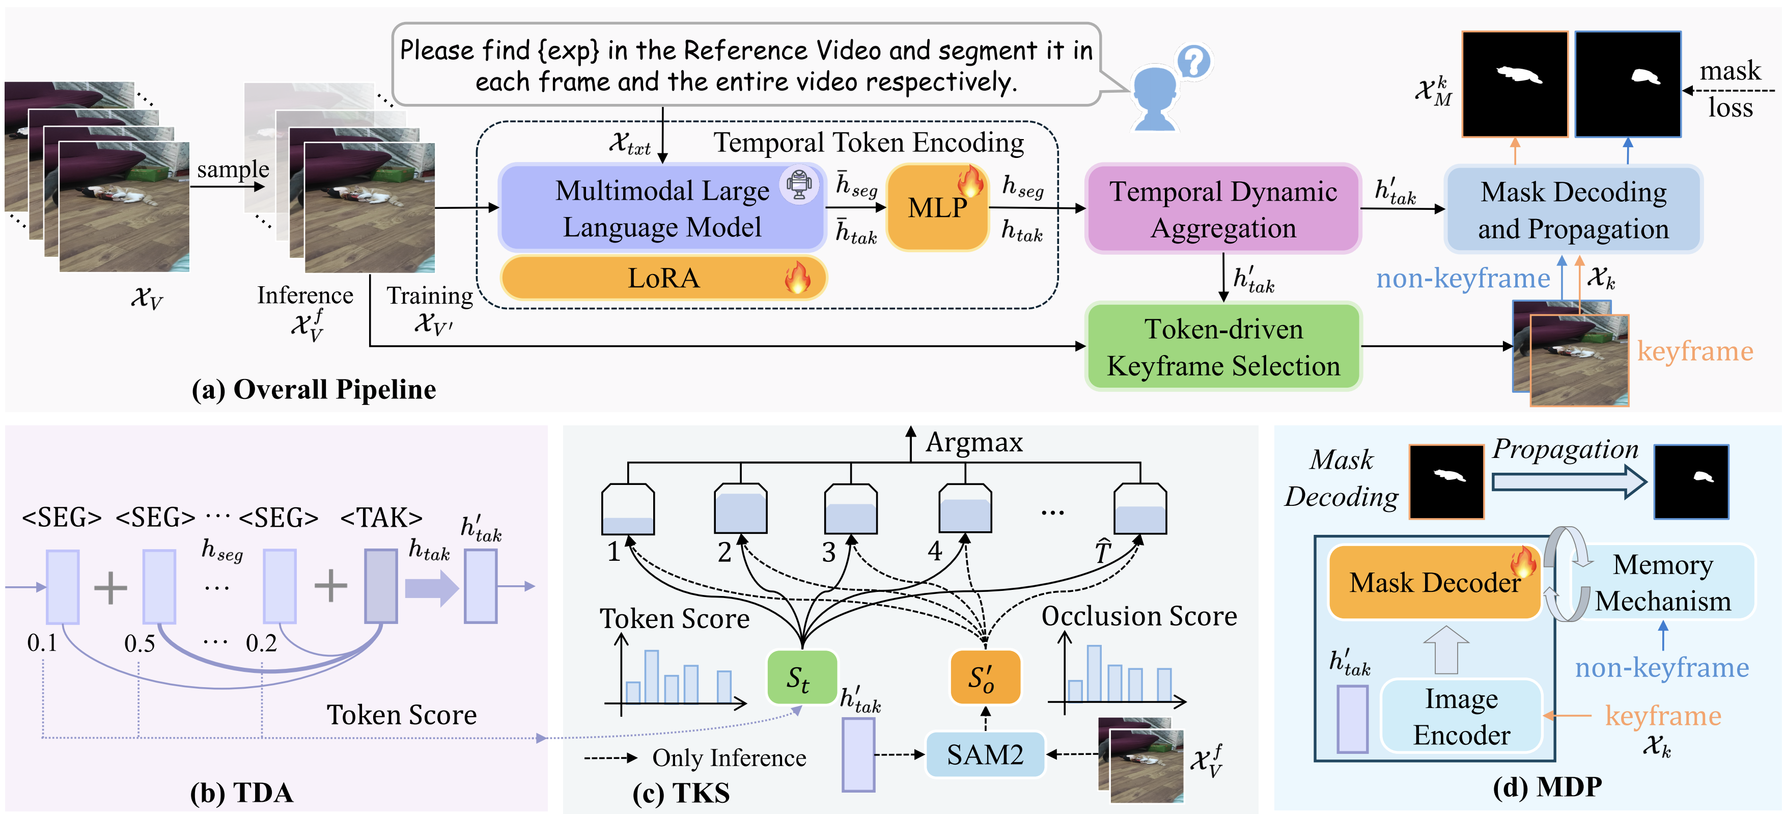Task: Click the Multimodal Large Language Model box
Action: point(662,207)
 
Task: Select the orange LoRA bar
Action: point(663,278)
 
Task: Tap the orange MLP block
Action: point(937,207)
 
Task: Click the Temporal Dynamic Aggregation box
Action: point(1223,209)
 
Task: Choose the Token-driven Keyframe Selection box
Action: point(1223,347)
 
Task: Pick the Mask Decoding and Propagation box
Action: point(1573,209)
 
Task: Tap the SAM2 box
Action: point(985,754)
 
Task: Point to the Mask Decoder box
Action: point(1434,582)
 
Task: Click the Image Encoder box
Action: point(1461,716)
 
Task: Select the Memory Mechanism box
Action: point(1662,582)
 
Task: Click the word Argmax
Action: point(974,442)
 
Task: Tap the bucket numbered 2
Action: point(740,508)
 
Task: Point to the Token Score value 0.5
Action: point(140,643)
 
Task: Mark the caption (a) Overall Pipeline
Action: point(314,390)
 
